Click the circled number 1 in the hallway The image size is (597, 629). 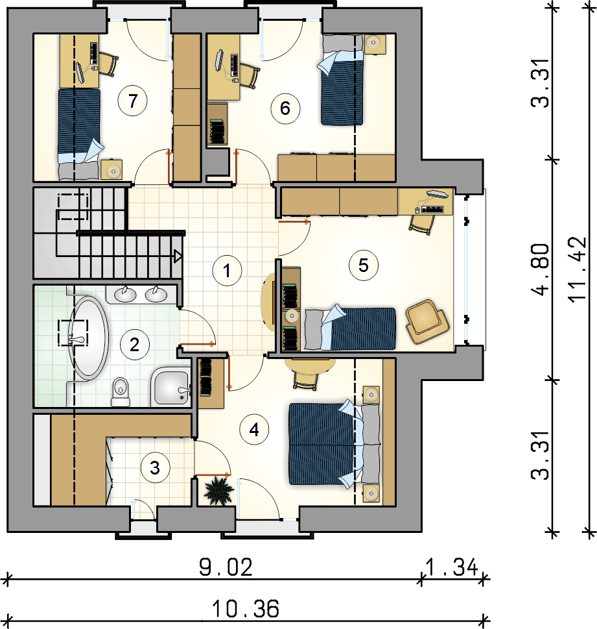click(227, 271)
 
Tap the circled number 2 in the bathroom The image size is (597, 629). click(135, 345)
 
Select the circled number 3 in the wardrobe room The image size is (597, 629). click(155, 467)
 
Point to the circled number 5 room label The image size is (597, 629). click(364, 265)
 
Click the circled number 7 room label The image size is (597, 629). click(133, 101)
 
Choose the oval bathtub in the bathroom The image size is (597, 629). click(88, 338)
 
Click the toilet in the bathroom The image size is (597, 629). click(121, 391)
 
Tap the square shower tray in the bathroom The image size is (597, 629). click(170, 386)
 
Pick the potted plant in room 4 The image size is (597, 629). click(218, 490)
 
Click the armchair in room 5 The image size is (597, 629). click(427, 321)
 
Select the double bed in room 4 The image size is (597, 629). click(334, 443)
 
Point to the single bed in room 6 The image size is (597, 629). click(342, 79)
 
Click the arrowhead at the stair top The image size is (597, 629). click(178, 256)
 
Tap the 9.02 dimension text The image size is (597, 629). click(226, 567)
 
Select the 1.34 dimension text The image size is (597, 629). click(452, 567)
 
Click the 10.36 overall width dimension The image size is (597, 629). click(245, 608)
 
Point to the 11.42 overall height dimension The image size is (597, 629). click(578, 269)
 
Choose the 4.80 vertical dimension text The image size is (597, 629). click(540, 269)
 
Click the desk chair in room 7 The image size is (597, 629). click(108, 64)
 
